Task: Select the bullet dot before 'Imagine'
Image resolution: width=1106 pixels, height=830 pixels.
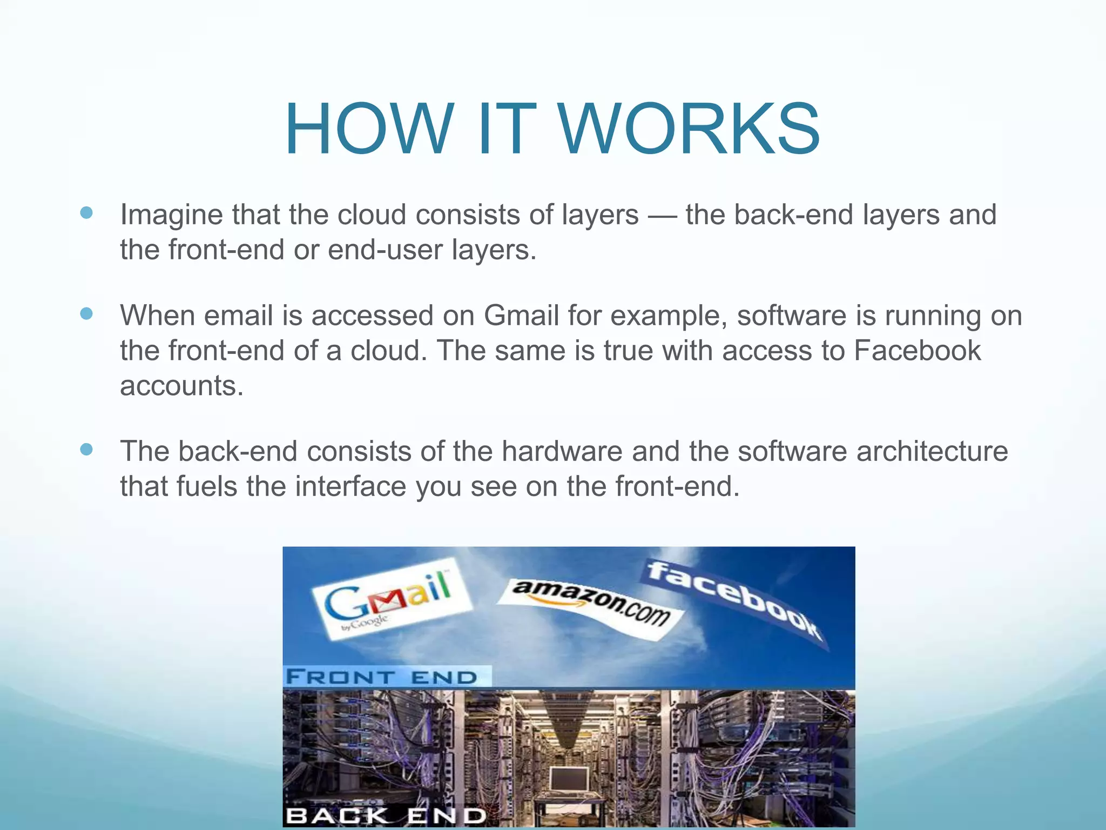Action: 86,212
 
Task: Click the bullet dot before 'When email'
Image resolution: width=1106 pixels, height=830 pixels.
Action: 86,313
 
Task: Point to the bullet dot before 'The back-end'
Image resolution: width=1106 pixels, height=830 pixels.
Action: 86,449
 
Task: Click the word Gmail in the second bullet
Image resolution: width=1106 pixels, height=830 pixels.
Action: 521,316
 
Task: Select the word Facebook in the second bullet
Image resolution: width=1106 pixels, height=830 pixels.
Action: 917,351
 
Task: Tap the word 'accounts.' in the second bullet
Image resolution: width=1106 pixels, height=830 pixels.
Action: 182,386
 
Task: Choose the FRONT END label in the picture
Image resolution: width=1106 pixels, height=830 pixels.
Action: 382,677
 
